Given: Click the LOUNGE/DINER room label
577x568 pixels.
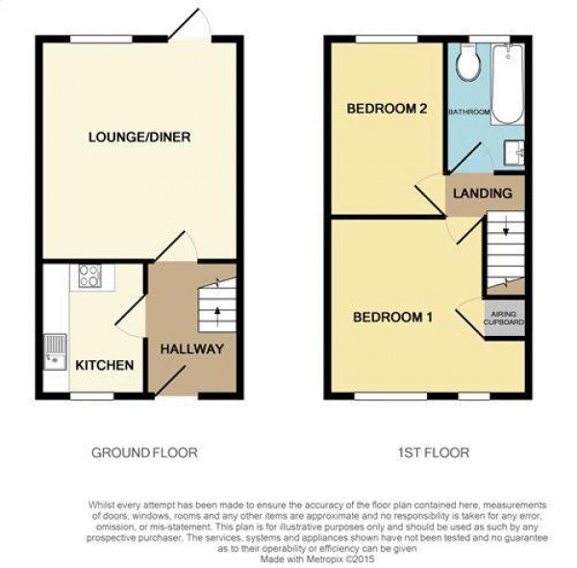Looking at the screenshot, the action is [139, 138].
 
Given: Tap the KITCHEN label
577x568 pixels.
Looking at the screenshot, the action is [105, 366].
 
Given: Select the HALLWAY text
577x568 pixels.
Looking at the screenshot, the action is [192, 349].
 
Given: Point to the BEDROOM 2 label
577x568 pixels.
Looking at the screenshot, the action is [388, 109].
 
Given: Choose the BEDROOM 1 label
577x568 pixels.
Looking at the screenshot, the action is [393, 317].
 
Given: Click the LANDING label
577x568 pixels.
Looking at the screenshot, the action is [483, 194].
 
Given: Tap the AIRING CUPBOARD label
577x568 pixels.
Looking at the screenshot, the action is [504, 319].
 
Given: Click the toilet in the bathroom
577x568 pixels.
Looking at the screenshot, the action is [468, 63].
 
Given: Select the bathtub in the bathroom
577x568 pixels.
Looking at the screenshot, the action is [508, 85].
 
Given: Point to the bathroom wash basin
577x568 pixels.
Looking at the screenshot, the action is [514, 153].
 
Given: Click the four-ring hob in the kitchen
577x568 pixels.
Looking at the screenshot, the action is [89, 276].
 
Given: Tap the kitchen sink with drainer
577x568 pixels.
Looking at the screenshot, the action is [55, 351].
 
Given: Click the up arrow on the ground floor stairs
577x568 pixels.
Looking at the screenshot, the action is [217, 317].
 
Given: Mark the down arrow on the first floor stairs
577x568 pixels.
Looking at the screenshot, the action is [506, 226].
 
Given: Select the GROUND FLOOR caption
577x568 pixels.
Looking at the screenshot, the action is [144, 452].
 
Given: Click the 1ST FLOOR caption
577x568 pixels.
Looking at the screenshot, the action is [434, 452].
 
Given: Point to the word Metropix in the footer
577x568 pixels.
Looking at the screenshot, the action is [324, 559].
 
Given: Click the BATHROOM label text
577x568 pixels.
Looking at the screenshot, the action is [469, 112].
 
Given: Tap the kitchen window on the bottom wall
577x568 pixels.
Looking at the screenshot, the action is [92, 397].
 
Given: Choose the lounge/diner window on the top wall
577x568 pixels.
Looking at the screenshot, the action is [102, 39].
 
